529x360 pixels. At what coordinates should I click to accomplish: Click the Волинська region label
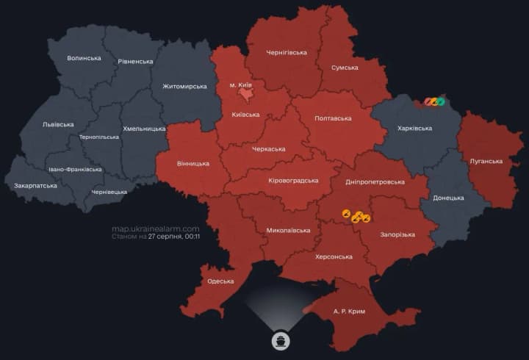84,58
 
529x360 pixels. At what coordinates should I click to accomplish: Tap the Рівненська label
136,62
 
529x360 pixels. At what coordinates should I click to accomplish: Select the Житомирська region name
184,87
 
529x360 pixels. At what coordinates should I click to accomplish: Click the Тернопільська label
98,137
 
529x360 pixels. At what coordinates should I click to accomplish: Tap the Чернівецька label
109,192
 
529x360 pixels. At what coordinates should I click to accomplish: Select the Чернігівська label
287,53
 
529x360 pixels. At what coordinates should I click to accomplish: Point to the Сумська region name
345,68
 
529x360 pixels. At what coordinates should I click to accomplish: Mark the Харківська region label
414,129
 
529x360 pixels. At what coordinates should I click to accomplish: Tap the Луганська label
486,161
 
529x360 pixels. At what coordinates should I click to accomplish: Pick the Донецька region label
448,198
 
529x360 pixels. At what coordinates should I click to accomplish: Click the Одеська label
220,281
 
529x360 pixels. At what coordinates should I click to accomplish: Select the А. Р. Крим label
349,312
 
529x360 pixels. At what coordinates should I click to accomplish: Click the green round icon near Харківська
441,101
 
